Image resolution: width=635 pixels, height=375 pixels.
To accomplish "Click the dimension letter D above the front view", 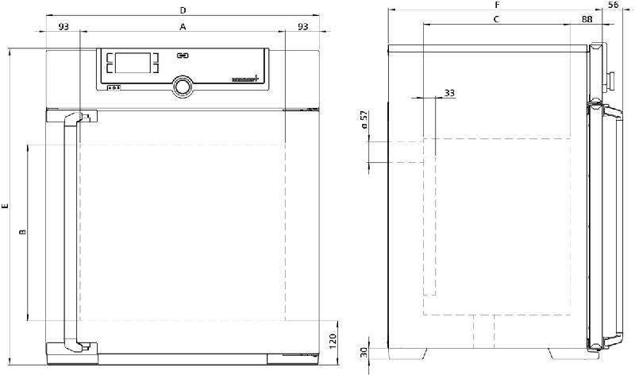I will pyautogui.click(x=183, y=10).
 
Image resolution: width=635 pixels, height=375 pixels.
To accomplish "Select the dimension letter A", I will pyautogui.click(x=183, y=27).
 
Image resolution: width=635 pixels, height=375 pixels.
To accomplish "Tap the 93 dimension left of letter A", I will pyautogui.click(x=63, y=27).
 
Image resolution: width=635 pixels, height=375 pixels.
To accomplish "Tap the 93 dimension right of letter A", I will pyautogui.click(x=302, y=27).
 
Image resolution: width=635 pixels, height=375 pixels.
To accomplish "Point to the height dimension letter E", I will pyautogui.click(x=6, y=207).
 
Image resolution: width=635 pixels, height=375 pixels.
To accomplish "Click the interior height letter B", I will pyautogui.click(x=22, y=232).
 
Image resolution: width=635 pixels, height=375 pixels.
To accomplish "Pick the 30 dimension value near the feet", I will pyautogui.click(x=364, y=354).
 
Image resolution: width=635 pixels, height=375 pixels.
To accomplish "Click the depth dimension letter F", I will pyautogui.click(x=498, y=5).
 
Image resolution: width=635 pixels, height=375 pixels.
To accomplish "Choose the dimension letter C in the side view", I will pyautogui.click(x=496, y=18).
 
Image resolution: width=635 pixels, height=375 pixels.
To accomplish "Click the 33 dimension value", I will pyautogui.click(x=449, y=93).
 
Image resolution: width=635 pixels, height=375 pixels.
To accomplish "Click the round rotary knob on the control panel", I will pyautogui.click(x=183, y=85).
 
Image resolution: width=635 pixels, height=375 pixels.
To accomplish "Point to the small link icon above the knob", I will pyautogui.click(x=183, y=56).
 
